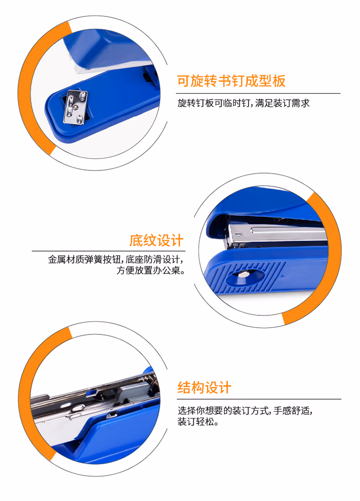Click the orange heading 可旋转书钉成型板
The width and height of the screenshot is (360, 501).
(x=231, y=81)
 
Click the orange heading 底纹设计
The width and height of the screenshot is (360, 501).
(x=156, y=240)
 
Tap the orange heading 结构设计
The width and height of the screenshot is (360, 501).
(x=204, y=388)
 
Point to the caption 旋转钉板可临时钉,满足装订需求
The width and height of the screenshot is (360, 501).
(x=244, y=103)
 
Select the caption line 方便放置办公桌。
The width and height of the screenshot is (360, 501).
(x=151, y=270)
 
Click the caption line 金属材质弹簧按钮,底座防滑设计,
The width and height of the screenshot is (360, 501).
(x=116, y=259)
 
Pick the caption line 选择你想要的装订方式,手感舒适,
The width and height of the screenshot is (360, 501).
(x=245, y=410)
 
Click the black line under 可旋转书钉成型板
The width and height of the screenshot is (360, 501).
(x=258, y=93)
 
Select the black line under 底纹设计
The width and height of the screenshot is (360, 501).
(x=108, y=251)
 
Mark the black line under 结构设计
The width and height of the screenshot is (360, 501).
(x=259, y=399)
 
